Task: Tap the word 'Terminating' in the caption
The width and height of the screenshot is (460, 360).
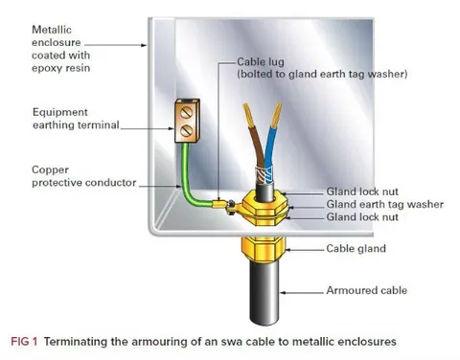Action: pyautogui.click(x=78, y=342)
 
